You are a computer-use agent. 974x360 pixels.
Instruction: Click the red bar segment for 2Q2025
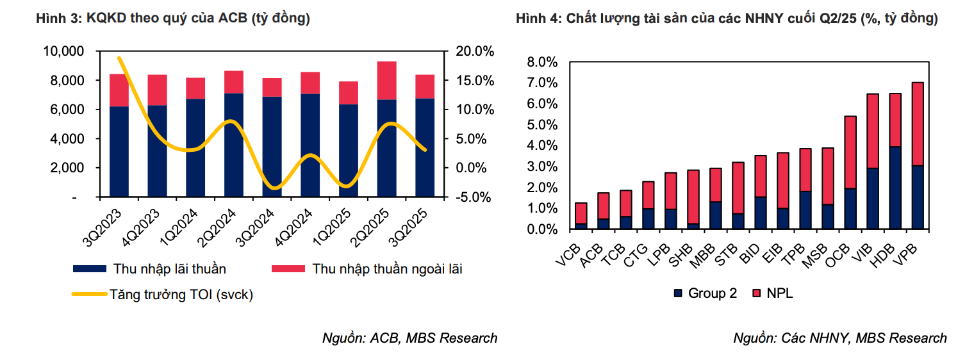click(x=386, y=81)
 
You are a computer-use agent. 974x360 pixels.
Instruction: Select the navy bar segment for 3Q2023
click(x=119, y=151)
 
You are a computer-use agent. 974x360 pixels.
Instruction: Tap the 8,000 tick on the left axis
click(x=63, y=80)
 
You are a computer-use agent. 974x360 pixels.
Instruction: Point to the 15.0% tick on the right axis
click(x=474, y=80)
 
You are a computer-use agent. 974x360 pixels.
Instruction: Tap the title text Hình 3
click(x=173, y=19)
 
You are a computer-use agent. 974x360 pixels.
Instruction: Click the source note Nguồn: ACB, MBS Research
click(x=409, y=338)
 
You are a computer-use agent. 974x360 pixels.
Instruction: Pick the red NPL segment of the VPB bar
click(x=917, y=124)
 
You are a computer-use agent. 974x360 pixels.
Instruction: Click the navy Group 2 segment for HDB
click(x=895, y=188)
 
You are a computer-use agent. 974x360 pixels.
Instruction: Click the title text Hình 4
click(x=726, y=19)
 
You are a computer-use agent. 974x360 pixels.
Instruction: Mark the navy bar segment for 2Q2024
click(x=233, y=145)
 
